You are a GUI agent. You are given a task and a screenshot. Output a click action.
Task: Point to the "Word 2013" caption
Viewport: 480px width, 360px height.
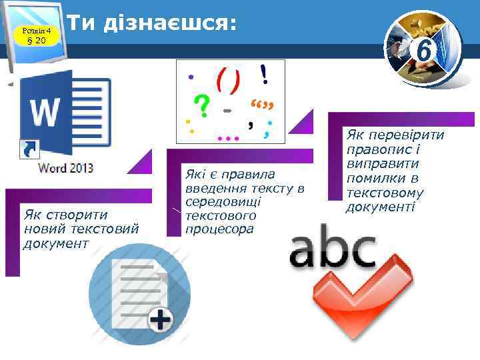tap(66, 167)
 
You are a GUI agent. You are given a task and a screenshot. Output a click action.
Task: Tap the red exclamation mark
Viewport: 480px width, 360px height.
tap(265, 73)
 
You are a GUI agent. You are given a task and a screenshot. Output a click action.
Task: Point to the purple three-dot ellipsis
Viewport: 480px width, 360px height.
tap(228, 138)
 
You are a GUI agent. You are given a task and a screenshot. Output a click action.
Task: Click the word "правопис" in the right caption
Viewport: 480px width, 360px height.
tap(381, 149)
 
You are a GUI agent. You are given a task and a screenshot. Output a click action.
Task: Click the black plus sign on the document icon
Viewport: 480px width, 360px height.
tap(161, 322)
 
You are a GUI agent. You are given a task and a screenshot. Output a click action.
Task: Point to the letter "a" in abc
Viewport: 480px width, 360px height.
tap(307, 252)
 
